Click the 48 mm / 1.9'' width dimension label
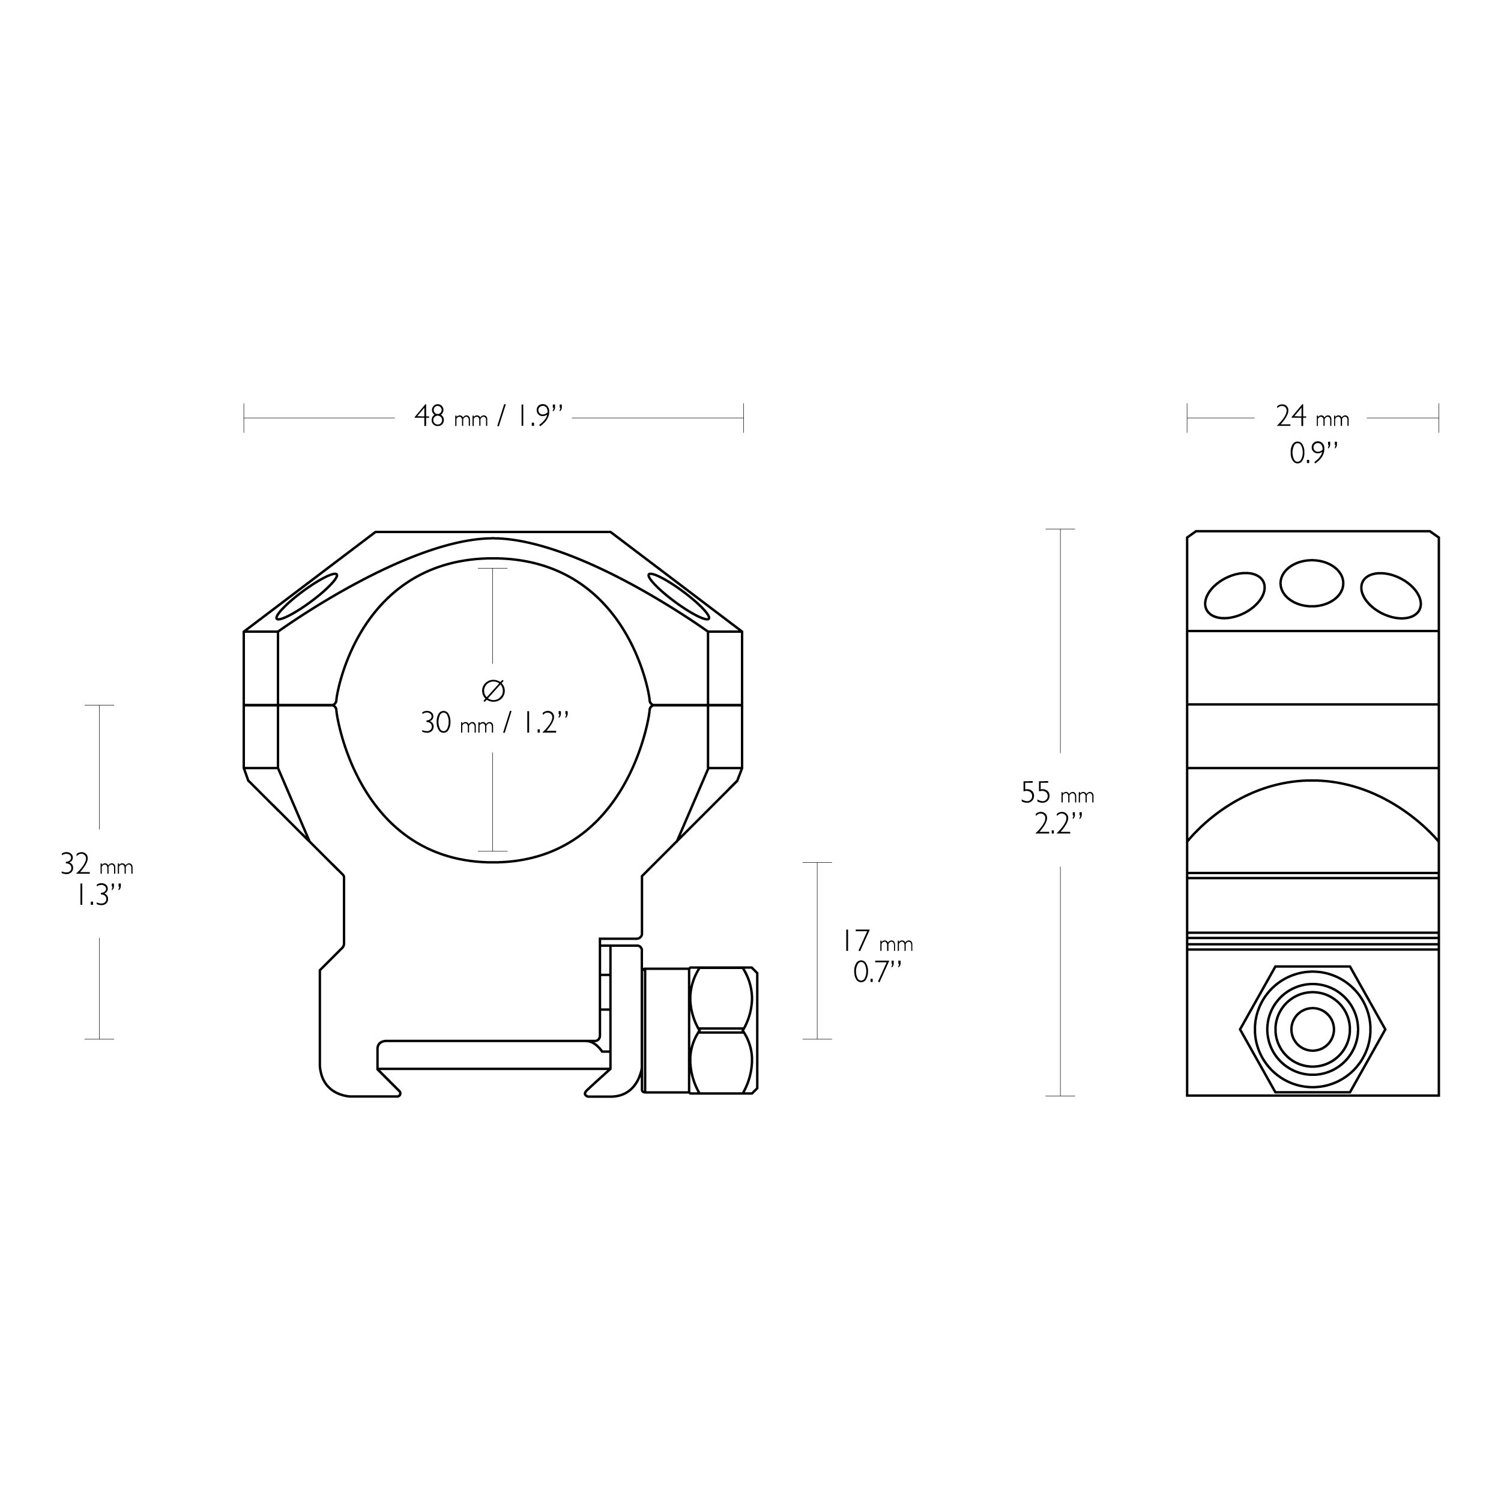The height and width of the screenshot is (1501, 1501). [x=488, y=417]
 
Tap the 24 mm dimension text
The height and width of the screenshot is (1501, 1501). [x=1312, y=417]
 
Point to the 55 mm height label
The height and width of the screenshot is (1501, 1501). [x=1057, y=793]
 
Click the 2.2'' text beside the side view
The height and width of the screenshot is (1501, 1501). [x=1058, y=824]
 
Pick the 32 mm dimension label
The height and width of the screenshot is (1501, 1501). [x=97, y=864]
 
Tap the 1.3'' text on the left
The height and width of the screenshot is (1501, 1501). [x=98, y=896]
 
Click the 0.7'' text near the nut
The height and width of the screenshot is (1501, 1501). [x=878, y=972]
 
